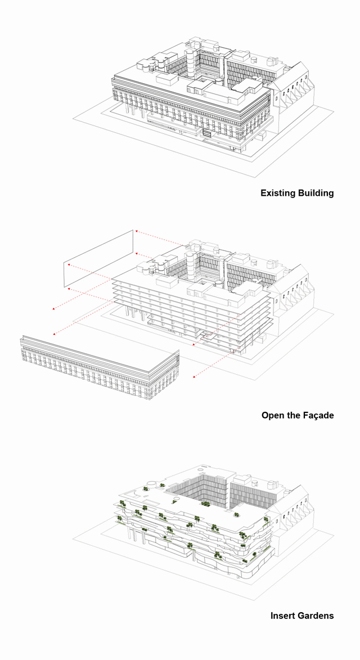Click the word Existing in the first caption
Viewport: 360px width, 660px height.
point(278,193)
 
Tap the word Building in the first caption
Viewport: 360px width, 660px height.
point(316,193)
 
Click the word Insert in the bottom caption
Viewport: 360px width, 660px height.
point(282,616)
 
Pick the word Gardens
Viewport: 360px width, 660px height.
point(316,616)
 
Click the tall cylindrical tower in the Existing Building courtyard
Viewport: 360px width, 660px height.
point(192,63)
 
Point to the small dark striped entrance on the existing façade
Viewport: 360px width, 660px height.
point(207,133)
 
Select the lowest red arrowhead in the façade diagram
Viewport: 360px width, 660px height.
point(193,377)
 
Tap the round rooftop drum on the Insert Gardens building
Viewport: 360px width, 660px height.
point(150,484)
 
